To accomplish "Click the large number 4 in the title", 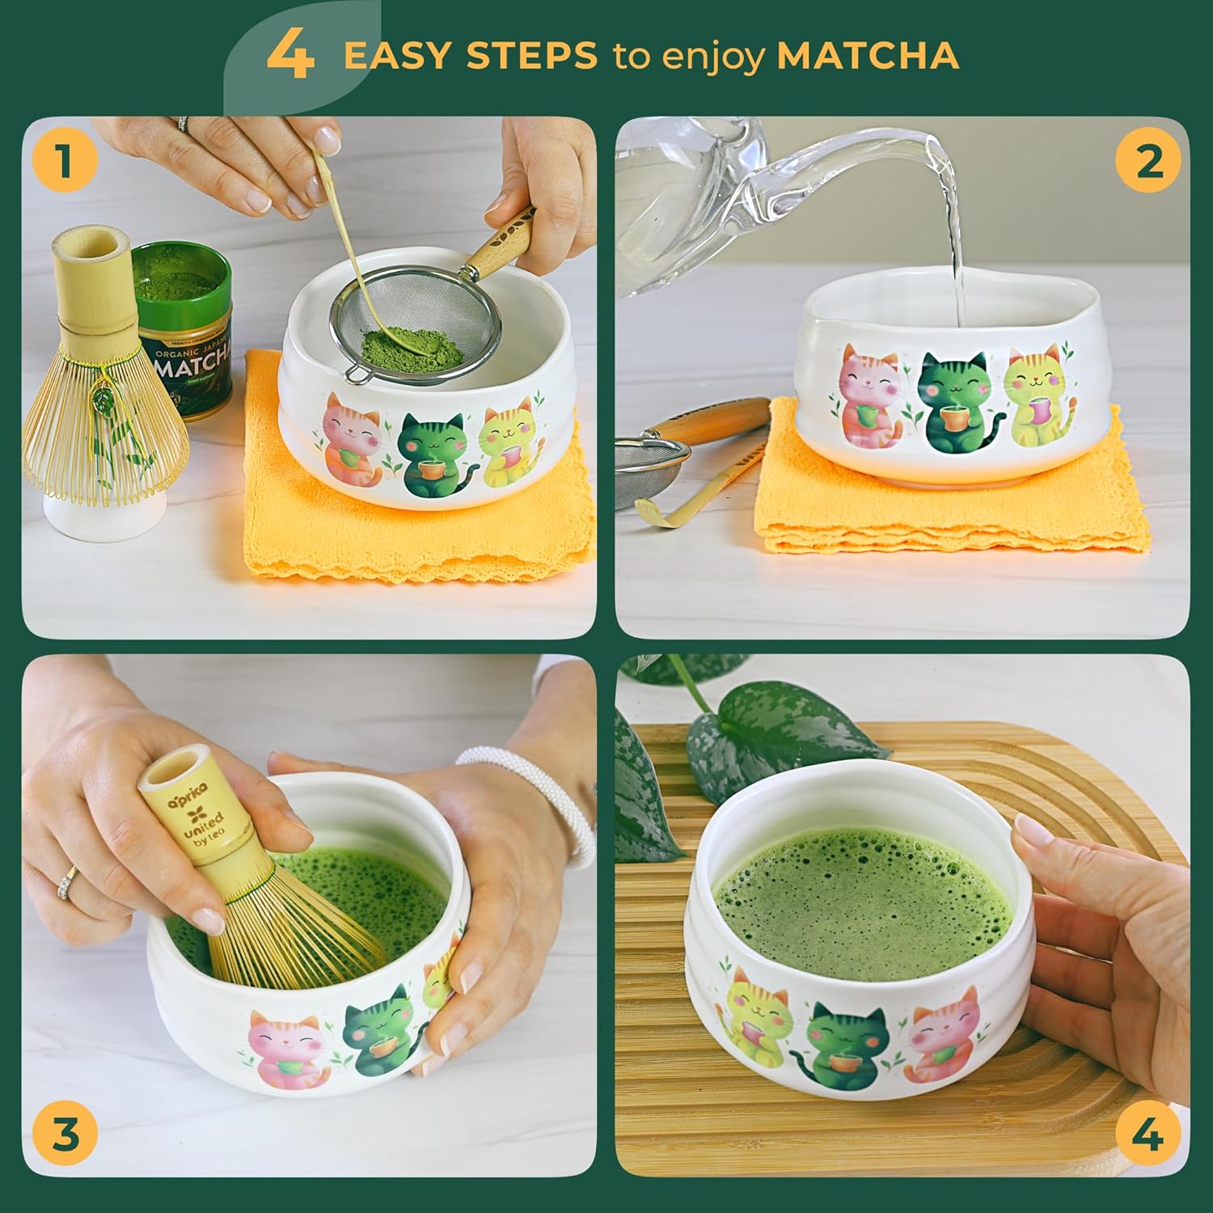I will pyautogui.click(x=290, y=55).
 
